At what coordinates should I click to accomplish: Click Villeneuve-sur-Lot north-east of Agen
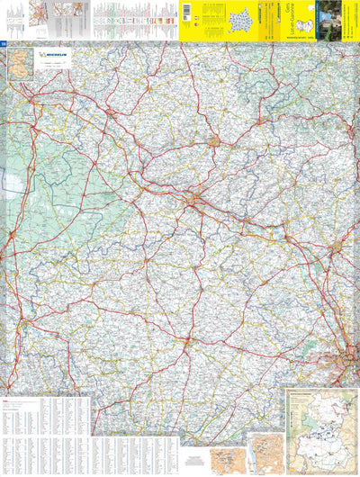213,141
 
